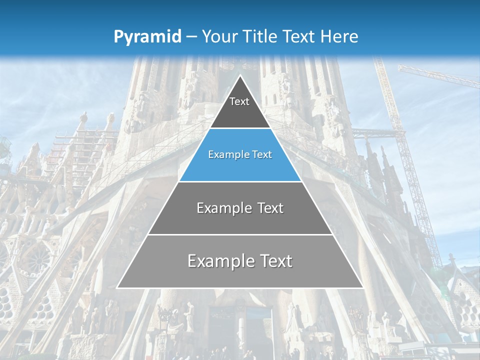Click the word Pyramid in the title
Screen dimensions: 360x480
pyautogui.click(x=147, y=37)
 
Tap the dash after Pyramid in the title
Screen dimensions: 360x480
pyautogui.click(x=191, y=37)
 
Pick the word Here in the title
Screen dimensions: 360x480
pyautogui.click(x=339, y=37)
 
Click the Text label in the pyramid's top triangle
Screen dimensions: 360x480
pyautogui.click(x=239, y=101)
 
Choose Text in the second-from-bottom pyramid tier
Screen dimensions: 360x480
pyautogui.click(x=270, y=208)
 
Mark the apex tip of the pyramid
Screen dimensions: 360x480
pyautogui.click(x=240, y=76)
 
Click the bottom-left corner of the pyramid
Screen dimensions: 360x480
pyautogui.click(x=117, y=287)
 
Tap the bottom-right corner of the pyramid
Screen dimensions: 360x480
pyautogui.click(x=362, y=287)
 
